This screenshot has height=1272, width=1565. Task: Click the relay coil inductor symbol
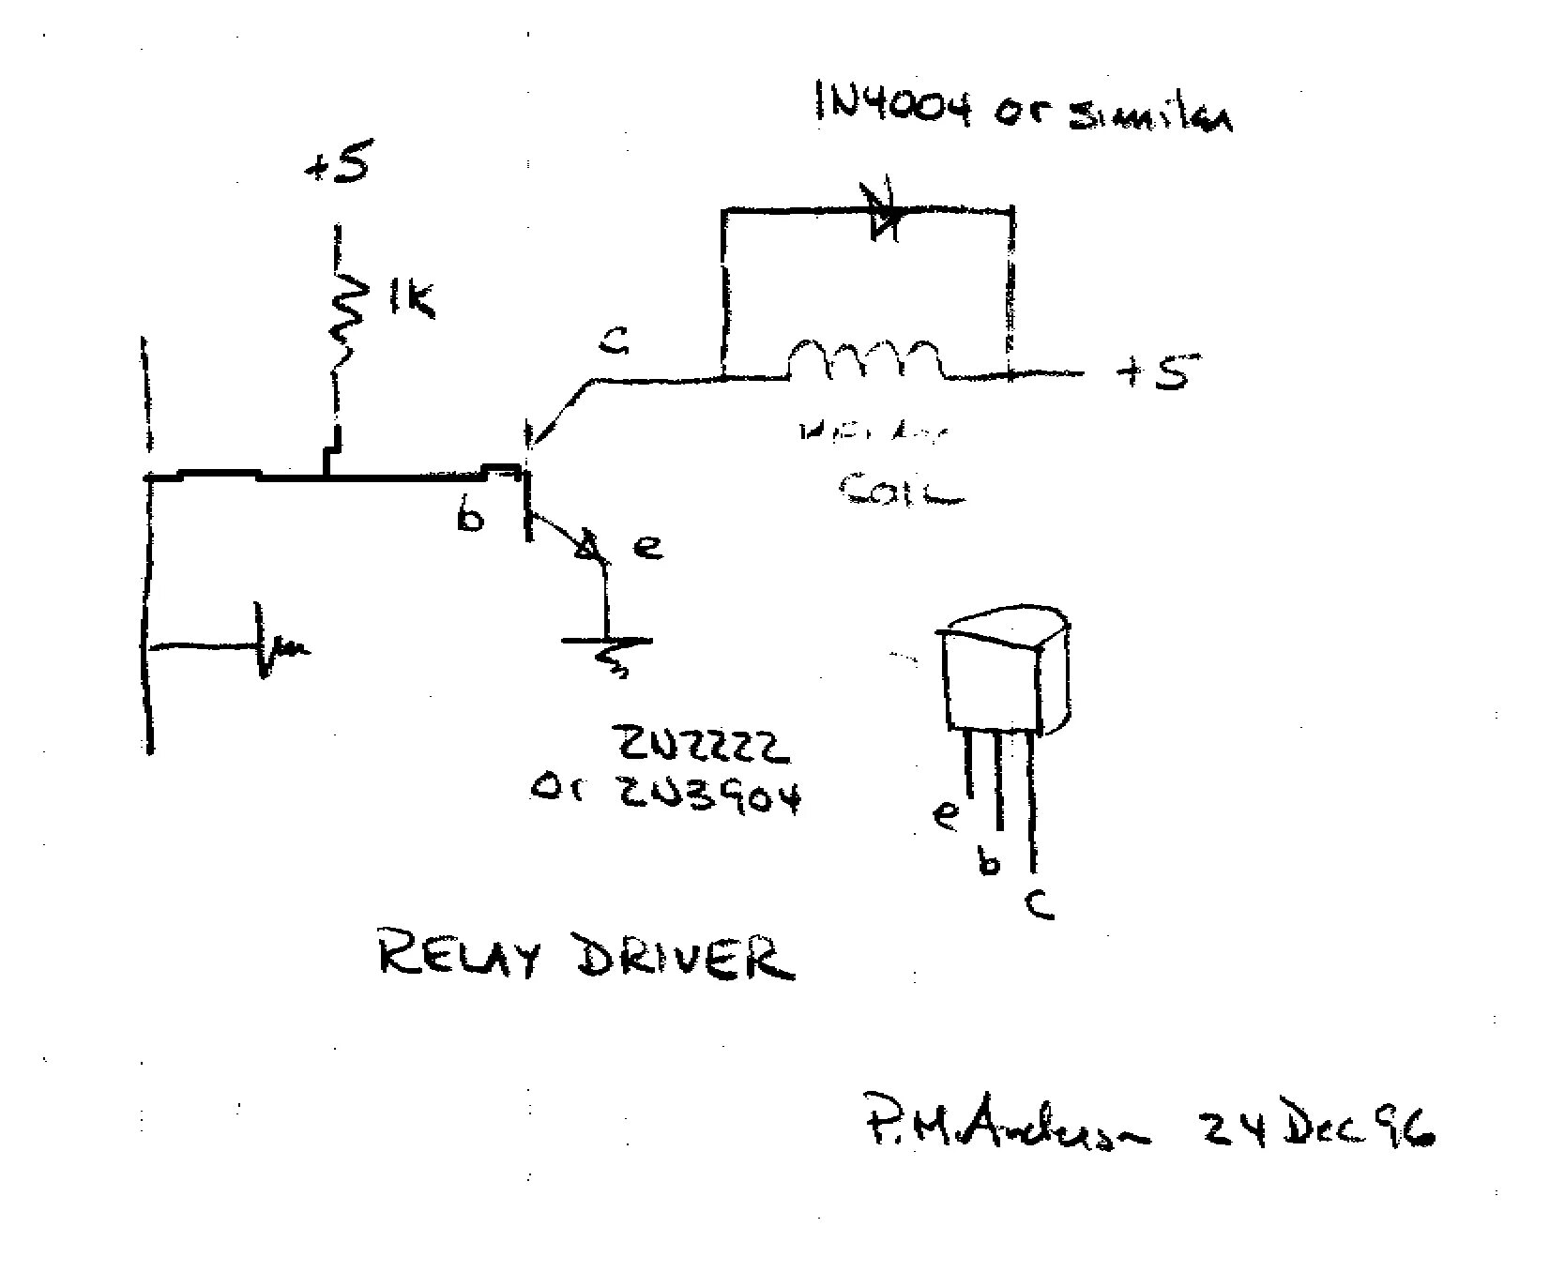(x=863, y=360)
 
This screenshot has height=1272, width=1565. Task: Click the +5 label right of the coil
(x=1152, y=372)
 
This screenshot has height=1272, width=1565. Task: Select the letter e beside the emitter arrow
(x=647, y=547)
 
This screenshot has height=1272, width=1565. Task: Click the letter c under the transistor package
(x=1039, y=903)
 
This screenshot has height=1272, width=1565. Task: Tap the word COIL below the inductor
(x=901, y=490)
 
